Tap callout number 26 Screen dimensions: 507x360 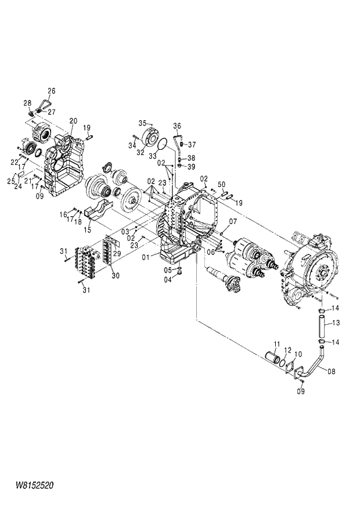(51, 91)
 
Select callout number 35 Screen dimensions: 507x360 (142, 123)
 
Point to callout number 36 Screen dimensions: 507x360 (177, 125)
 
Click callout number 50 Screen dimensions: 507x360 (221, 184)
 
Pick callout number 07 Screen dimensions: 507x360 (232, 222)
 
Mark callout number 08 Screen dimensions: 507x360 (331, 369)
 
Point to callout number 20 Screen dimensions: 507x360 (73, 121)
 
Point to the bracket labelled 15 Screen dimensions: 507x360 (99, 210)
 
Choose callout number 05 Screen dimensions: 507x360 (168, 269)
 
